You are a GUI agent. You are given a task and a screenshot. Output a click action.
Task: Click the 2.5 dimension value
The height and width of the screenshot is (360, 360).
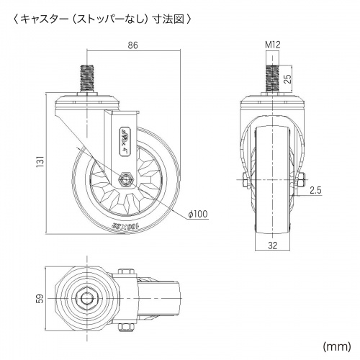point(315,190)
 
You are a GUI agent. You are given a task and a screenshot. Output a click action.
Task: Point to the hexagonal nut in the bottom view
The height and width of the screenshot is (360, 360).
point(87,297)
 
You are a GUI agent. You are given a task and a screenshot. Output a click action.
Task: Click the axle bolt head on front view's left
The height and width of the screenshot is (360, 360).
point(243,179)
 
